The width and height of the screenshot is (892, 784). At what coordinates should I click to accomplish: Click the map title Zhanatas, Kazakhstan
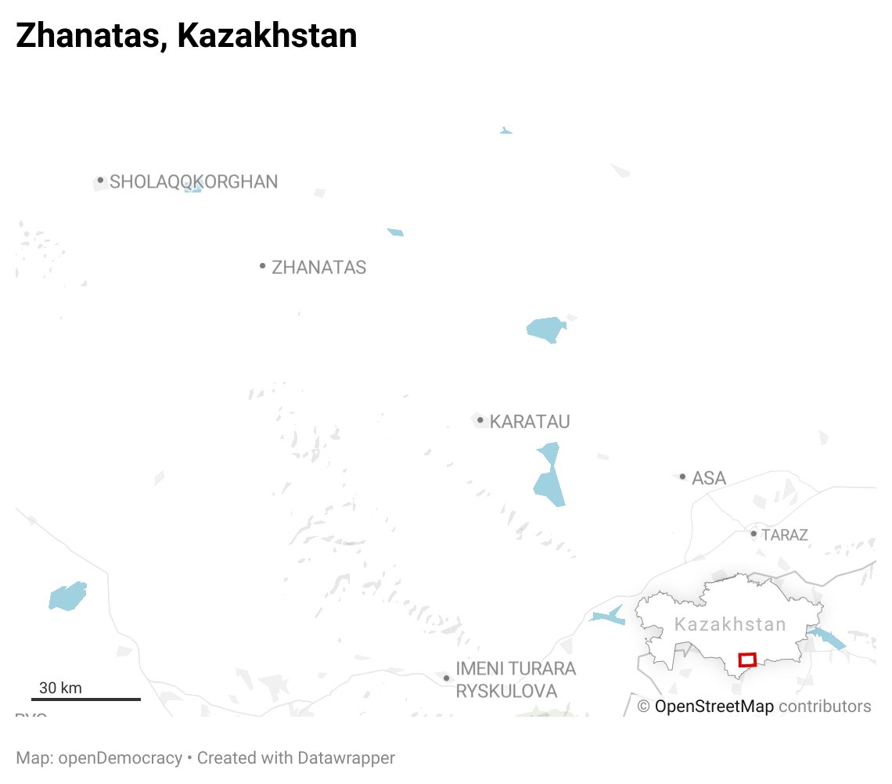[186, 36]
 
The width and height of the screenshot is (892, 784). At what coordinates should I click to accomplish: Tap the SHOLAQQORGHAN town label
[193, 182]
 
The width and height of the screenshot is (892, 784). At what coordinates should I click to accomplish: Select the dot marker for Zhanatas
[263, 266]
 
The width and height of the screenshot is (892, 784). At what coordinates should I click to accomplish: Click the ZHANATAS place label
[318, 268]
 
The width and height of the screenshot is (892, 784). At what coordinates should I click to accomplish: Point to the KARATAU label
[530, 422]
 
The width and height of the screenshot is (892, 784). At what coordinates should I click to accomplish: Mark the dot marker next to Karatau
[480, 420]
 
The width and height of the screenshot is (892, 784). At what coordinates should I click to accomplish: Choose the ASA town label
[709, 478]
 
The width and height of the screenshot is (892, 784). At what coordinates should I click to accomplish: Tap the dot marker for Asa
[682, 477]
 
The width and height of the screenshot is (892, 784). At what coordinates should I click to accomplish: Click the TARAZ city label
[784, 535]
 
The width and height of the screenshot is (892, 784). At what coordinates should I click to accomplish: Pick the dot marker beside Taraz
[754, 534]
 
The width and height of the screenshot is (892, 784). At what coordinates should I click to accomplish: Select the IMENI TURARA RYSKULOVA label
[516, 680]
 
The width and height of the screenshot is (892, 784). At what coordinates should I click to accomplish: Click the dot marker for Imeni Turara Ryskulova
[446, 678]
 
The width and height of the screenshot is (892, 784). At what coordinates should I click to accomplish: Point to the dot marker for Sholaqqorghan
[100, 180]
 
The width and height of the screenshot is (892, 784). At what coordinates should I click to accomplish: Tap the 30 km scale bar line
[86, 699]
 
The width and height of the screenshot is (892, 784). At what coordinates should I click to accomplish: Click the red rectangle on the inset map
[747, 660]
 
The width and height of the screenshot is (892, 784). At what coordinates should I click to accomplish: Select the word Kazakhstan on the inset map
[730, 624]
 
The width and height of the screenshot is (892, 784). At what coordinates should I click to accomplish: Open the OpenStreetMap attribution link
[714, 707]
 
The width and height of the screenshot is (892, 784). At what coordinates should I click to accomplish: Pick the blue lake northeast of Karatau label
[545, 329]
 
